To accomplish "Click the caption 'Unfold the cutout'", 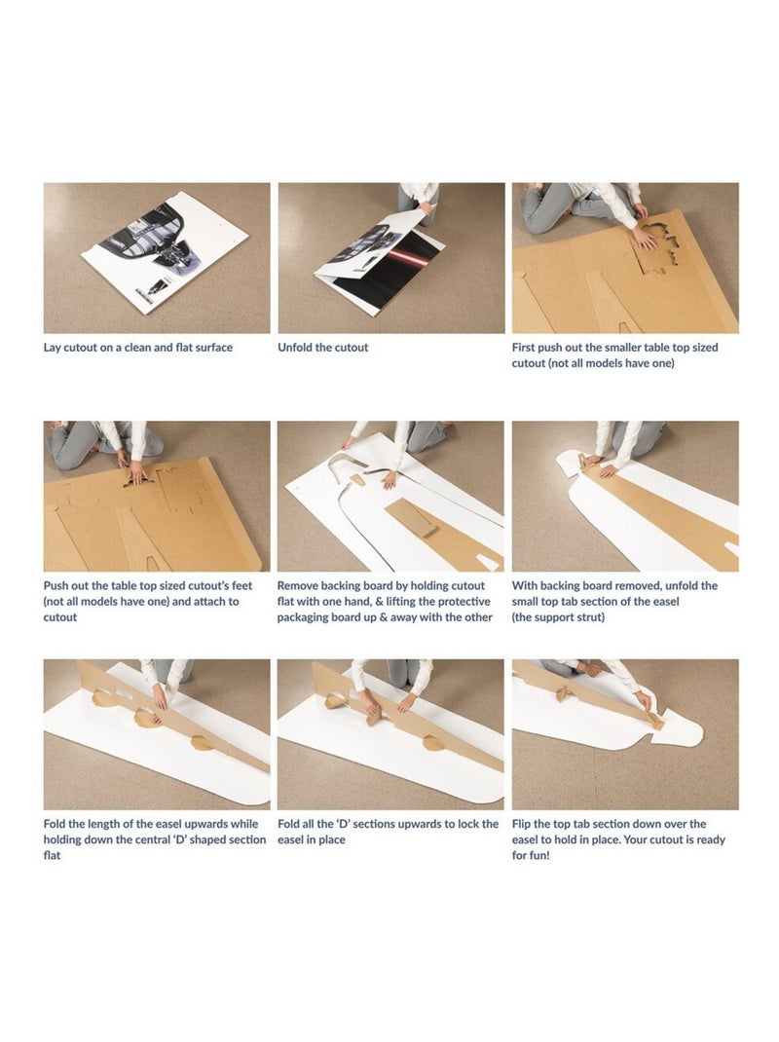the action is pos(323,348).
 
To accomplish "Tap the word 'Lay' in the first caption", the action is pos(53,348).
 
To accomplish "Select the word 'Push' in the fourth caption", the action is pos(56,586).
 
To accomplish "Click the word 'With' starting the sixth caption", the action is pos(525,586).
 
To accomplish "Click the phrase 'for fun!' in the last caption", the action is pos(531,855).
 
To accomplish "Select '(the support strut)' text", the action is pos(558,617).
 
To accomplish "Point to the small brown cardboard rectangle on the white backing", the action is pos(412,518).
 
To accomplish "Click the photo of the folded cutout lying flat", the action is pos(157,258).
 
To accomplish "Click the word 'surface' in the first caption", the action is pos(214,348).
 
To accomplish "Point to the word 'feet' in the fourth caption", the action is pos(241,586).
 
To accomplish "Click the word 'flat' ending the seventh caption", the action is pos(52,855).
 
